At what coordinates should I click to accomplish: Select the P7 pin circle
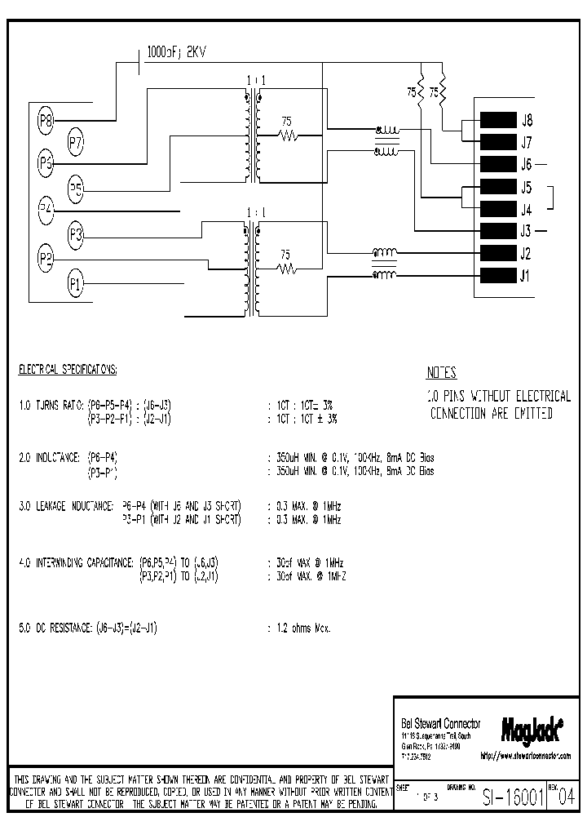click(76, 143)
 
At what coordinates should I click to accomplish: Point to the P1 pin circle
click(76, 284)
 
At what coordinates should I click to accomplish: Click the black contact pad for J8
click(497, 120)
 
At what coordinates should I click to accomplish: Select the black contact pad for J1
click(497, 275)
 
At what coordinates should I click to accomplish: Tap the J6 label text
click(526, 164)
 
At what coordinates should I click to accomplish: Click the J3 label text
click(526, 231)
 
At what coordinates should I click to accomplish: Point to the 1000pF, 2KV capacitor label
click(175, 51)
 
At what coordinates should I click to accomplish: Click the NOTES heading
click(441, 373)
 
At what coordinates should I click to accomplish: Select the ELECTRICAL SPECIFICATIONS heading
click(68, 370)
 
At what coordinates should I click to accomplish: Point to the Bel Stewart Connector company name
click(440, 724)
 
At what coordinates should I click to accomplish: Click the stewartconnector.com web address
click(526, 756)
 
